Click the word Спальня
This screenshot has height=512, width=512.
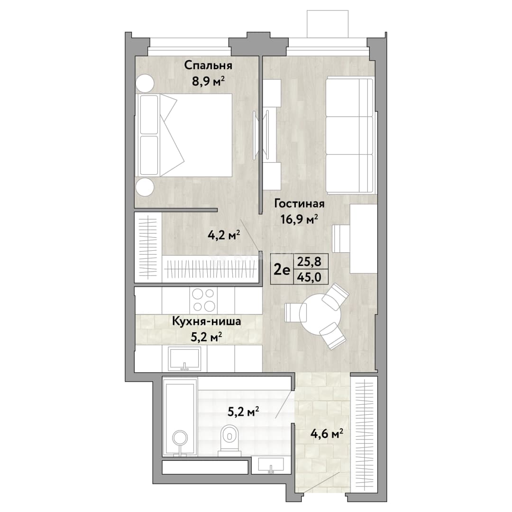pyautogui.click(x=208, y=65)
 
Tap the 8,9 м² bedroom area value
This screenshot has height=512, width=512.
pyautogui.click(x=208, y=82)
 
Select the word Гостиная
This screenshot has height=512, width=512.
pyautogui.click(x=300, y=204)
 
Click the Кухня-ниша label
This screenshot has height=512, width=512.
pyautogui.click(x=207, y=321)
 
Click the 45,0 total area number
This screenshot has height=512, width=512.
pyautogui.click(x=308, y=277)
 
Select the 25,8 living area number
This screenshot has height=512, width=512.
pyautogui.click(x=308, y=262)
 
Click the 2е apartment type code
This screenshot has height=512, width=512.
pyautogui.click(x=282, y=270)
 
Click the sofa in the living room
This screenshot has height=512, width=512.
pyautogui.click(x=349, y=135)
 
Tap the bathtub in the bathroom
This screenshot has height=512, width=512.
pyautogui.click(x=180, y=417)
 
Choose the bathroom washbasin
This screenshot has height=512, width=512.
pyautogui.click(x=271, y=465)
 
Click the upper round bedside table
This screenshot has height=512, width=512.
pyautogui.click(x=145, y=84)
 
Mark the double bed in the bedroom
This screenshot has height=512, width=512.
pyautogui.click(x=184, y=136)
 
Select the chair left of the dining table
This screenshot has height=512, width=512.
pyautogui.click(x=296, y=312)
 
